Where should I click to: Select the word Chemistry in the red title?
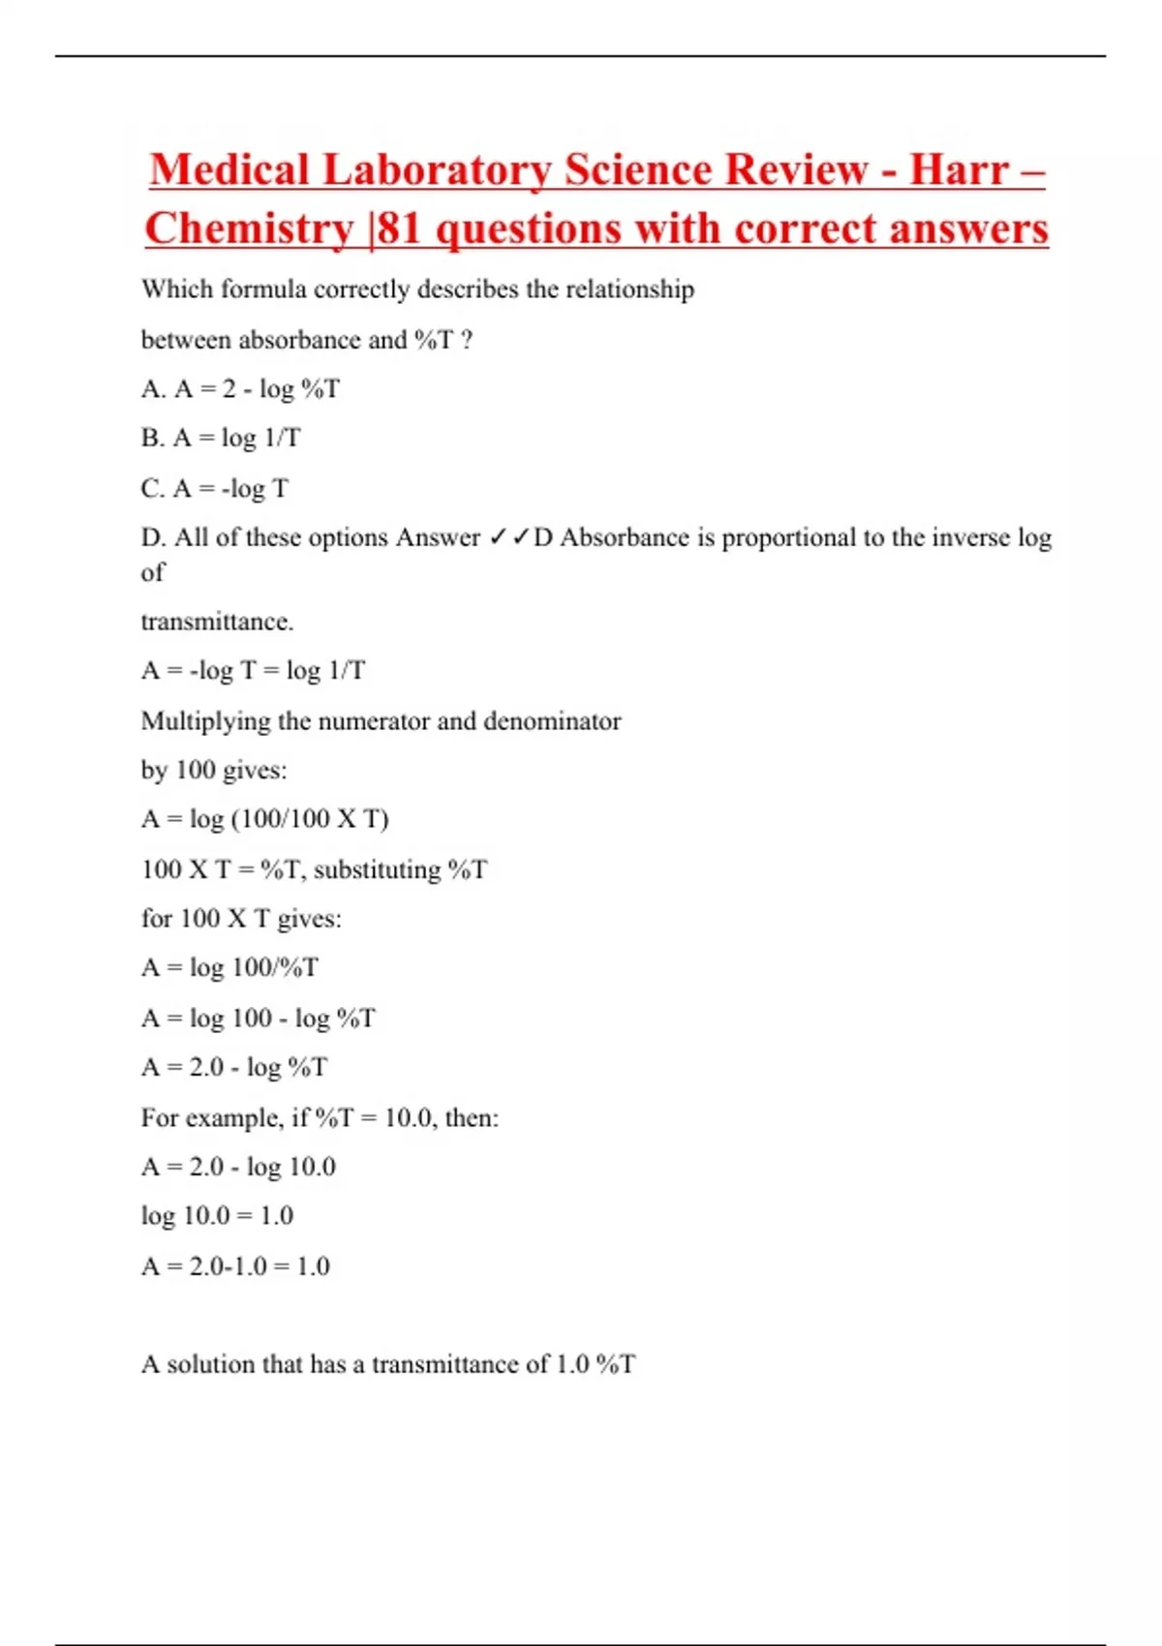point(249,229)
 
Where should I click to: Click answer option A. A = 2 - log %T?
point(240,389)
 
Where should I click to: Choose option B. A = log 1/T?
point(221,439)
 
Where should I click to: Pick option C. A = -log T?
point(215,489)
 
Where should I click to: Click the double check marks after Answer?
point(508,537)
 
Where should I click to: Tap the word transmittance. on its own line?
point(217,622)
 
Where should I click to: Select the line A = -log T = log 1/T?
point(253,671)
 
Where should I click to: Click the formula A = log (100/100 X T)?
point(264,819)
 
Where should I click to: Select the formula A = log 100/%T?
point(229,967)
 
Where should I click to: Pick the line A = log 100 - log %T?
point(258,1018)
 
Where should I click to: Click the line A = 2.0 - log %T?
point(234,1067)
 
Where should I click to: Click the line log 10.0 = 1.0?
point(217,1216)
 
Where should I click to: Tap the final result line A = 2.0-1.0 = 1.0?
point(235,1266)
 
